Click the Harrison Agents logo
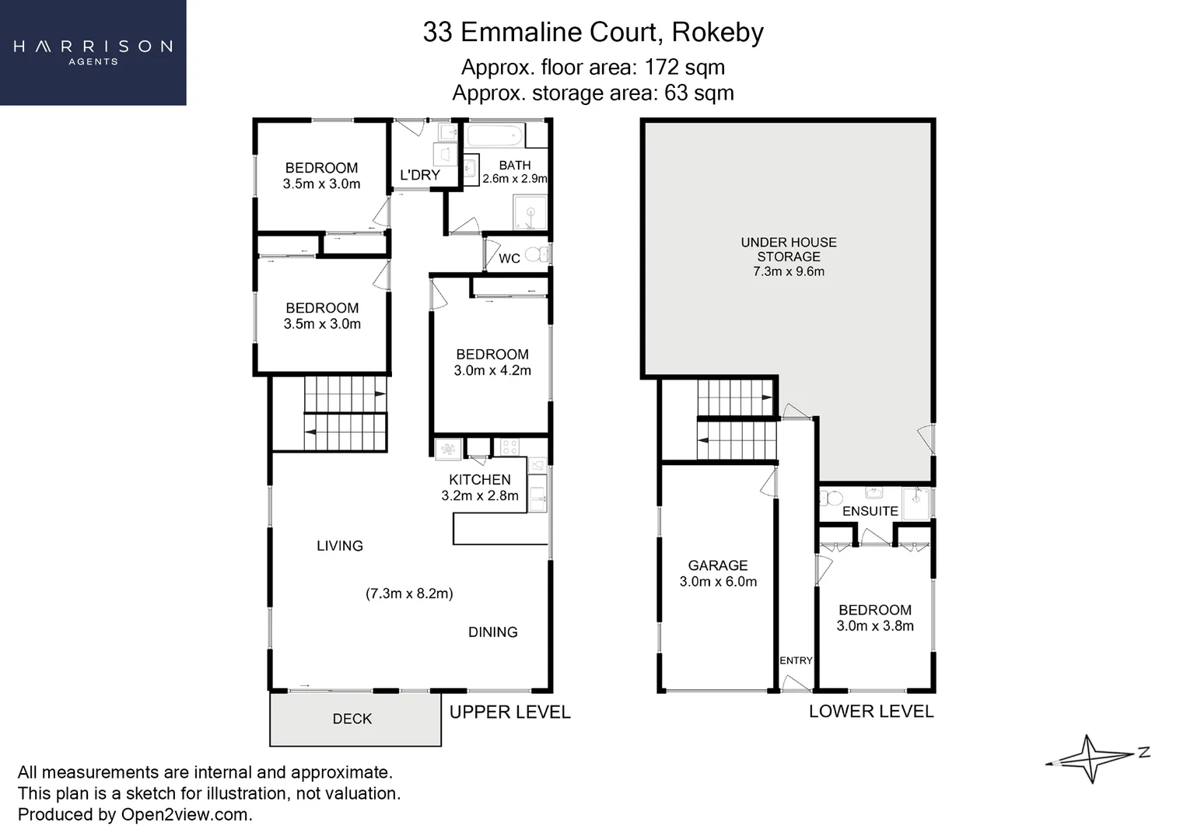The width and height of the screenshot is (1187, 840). (93, 52)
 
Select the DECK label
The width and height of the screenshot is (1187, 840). (352, 719)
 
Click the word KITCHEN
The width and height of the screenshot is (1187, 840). (480, 480)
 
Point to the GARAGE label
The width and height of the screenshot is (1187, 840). (718, 565)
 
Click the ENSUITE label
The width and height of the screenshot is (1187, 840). (870, 511)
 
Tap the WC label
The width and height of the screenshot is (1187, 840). (509, 258)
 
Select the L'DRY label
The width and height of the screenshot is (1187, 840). (420, 175)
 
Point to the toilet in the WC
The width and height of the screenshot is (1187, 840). (535, 254)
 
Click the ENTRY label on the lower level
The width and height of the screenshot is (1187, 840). (796, 660)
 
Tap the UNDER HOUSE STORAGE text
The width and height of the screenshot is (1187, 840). (789, 250)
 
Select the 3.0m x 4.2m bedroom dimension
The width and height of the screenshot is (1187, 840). (492, 371)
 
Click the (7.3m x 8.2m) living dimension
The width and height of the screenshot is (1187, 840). (409, 593)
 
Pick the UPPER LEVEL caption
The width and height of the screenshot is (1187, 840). (510, 712)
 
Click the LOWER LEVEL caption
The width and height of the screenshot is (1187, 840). (871, 711)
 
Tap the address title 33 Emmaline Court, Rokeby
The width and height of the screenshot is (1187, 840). (593, 32)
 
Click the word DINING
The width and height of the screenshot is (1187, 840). (493, 632)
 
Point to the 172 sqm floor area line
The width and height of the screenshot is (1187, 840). (593, 68)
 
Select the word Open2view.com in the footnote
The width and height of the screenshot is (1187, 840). (185, 814)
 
